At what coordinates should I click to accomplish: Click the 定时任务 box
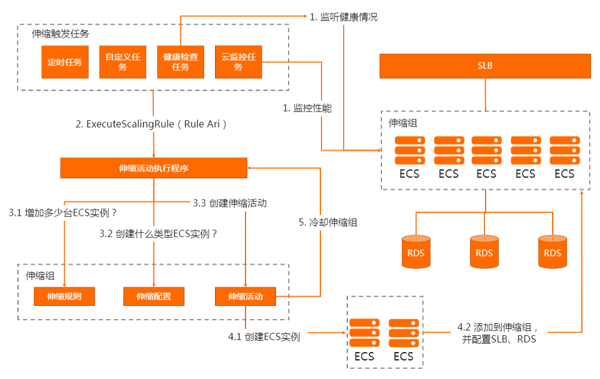coord(65,62)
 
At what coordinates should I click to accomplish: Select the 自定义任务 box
coord(123,62)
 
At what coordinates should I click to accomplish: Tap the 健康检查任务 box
coord(180,62)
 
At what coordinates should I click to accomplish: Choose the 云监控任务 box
coord(238,62)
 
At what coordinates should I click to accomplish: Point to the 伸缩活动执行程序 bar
coord(154,169)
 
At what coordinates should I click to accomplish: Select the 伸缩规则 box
coord(64,296)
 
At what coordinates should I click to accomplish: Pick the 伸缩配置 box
coord(153,296)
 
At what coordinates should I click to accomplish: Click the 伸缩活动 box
coord(245,296)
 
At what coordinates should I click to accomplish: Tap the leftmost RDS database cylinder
coord(416,251)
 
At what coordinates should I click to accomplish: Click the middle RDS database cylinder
coord(484,251)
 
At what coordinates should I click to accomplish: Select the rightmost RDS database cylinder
coord(553,251)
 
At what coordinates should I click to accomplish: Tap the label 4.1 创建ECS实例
coord(264,337)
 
